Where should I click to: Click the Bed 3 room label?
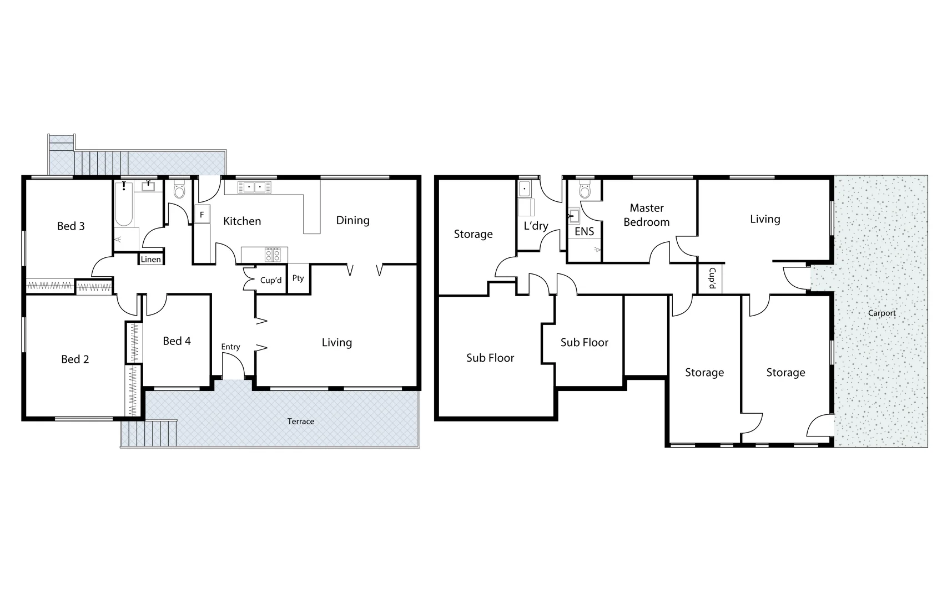click(x=71, y=226)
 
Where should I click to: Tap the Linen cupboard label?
click(x=150, y=259)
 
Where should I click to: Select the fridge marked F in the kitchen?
click(x=202, y=214)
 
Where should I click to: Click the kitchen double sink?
click(x=254, y=187)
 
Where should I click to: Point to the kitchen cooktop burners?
click(x=273, y=255)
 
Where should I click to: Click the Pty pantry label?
click(x=298, y=278)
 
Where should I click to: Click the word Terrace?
click(x=300, y=422)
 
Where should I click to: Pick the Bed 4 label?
click(x=177, y=341)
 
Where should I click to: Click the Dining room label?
click(x=352, y=220)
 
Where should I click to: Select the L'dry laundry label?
click(x=536, y=226)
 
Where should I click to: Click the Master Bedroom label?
click(x=646, y=215)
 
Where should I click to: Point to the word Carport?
click(x=881, y=313)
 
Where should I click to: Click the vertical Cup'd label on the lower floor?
click(x=711, y=279)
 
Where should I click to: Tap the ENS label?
click(x=584, y=231)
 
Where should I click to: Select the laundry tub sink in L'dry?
click(x=525, y=190)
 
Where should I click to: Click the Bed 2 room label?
click(x=75, y=359)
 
